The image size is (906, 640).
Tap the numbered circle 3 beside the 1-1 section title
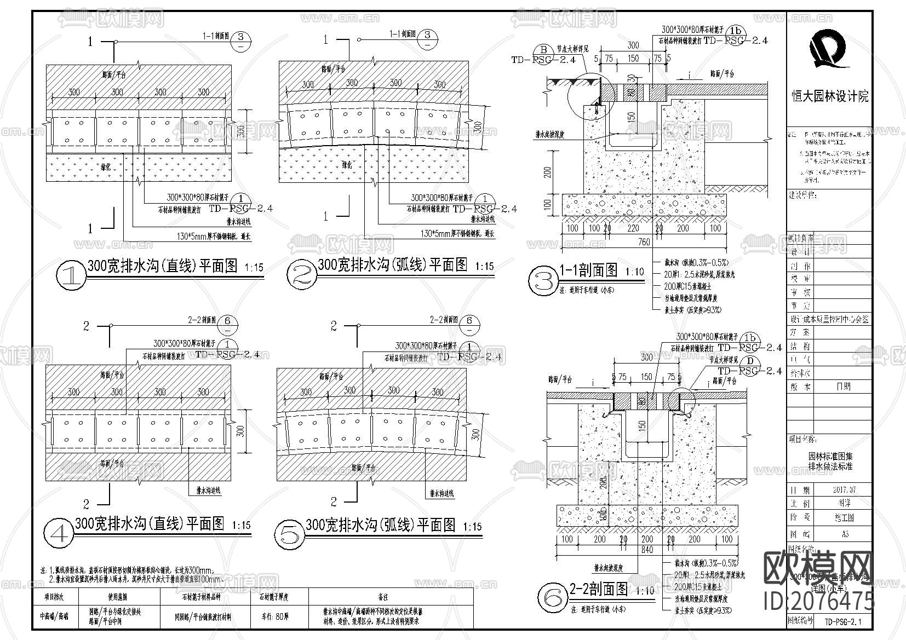click(543, 281)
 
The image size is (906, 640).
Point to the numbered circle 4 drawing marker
click(59, 532)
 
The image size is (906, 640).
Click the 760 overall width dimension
click(644, 241)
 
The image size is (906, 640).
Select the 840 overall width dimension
click(647, 550)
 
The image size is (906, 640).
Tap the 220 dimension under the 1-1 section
click(633, 228)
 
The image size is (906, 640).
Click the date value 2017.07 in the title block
click(844, 490)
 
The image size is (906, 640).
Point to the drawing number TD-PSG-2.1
click(843, 621)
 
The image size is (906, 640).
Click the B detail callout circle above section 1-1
click(544, 49)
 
